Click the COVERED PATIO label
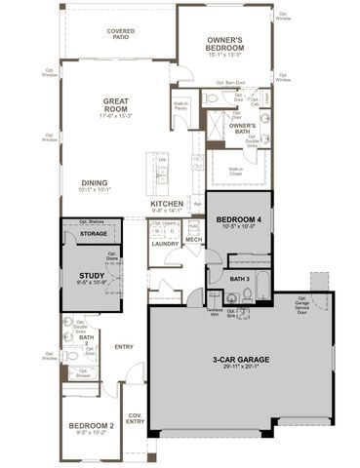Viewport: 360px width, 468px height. tap(120, 34)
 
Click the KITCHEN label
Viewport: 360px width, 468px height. tap(167, 204)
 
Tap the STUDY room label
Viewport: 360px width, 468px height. tap(92, 276)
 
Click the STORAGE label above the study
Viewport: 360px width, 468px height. tap(94, 234)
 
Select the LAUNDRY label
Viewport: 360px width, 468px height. tap(165, 244)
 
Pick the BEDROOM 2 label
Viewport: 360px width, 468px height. tap(91, 426)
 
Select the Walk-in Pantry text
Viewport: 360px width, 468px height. tap(181, 107)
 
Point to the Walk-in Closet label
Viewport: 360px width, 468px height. tap(236, 171)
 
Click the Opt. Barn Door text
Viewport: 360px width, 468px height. tap(228, 83)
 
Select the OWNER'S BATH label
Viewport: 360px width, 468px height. tap(243, 128)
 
